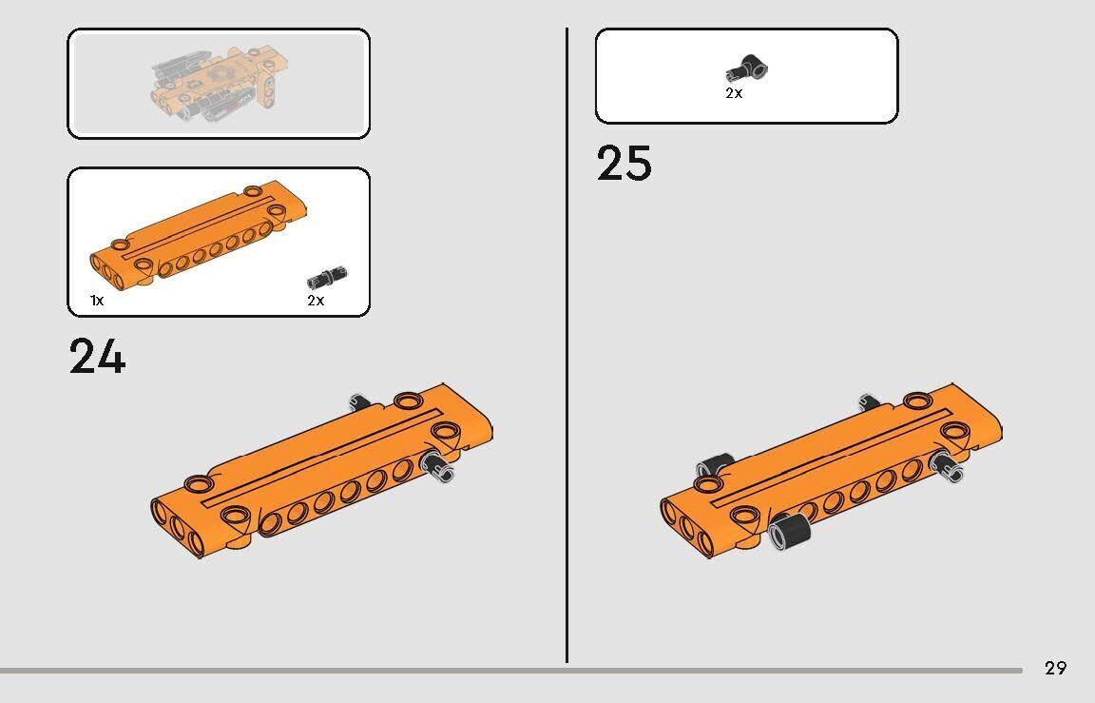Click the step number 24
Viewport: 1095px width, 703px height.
tap(97, 357)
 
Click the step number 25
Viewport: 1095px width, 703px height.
tap(624, 164)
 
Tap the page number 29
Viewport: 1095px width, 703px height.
tap(1055, 668)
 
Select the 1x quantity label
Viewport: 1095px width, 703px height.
tap(97, 301)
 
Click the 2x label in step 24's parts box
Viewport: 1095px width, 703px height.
tap(316, 301)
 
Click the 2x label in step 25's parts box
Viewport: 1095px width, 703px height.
tap(733, 93)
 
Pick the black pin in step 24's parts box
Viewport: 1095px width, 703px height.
tap(327, 278)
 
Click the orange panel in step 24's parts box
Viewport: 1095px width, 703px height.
tap(199, 234)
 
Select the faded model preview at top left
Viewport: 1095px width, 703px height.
tap(217, 83)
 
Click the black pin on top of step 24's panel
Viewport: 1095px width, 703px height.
tap(359, 401)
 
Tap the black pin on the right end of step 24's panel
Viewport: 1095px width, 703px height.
tap(438, 466)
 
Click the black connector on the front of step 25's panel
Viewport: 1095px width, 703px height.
tap(789, 531)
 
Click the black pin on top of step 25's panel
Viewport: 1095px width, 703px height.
tap(869, 400)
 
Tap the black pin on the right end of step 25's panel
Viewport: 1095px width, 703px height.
tap(948, 466)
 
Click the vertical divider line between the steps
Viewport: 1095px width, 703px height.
tap(567, 345)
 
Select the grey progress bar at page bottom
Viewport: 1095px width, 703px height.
tap(511, 671)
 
